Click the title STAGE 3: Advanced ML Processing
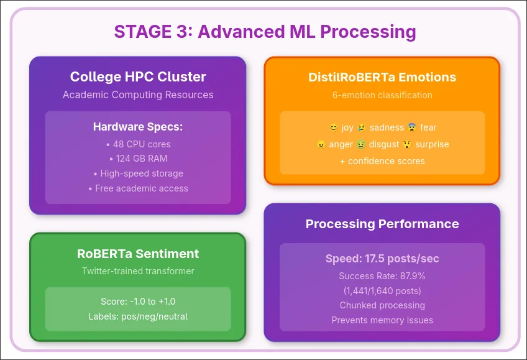[265, 32]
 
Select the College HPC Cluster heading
[138, 77]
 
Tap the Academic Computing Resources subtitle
[138, 95]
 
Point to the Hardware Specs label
[138, 127]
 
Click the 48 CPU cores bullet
[138, 144]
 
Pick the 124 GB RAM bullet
[138, 159]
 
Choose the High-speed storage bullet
[138, 173]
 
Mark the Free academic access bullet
[138, 188]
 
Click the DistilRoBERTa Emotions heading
[382, 77]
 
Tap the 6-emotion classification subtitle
[382, 95]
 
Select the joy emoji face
[334, 128]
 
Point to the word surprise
[433, 144]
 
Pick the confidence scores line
[382, 160]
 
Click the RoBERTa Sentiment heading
[138, 254]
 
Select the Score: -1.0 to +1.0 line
[138, 302]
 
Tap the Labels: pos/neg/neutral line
[138, 316]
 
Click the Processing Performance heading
[382, 224]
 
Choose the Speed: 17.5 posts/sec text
[382, 259]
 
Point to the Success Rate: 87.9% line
[382, 275]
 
